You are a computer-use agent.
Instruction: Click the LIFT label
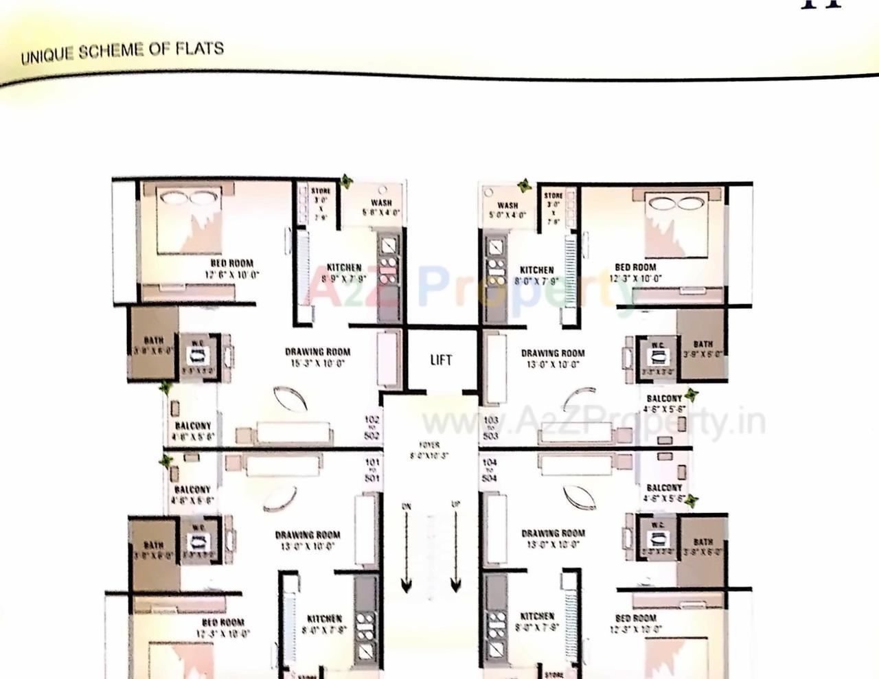coord(441,360)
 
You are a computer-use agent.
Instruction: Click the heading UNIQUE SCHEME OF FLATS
coord(122,51)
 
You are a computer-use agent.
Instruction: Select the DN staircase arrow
coord(407,549)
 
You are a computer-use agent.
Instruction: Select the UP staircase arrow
coord(455,549)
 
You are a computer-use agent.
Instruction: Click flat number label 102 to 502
coord(372,426)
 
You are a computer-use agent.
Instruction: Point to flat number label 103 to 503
coord(490,428)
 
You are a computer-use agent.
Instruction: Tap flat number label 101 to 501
coord(372,470)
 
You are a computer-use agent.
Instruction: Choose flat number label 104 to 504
coord(489,470)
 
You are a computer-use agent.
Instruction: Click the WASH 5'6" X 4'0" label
coord(381,207)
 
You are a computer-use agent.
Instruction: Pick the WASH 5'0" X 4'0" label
coord(507,209)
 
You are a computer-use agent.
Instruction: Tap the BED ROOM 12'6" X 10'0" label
coord(231,268)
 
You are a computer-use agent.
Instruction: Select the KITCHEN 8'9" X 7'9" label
coord(344,273)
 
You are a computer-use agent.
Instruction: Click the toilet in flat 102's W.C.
coord(198,356)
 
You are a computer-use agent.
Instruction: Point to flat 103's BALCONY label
coord(664,403)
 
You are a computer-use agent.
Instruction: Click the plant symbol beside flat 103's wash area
coord(525,185)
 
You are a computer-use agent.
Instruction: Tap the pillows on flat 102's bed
coord(187,197)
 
